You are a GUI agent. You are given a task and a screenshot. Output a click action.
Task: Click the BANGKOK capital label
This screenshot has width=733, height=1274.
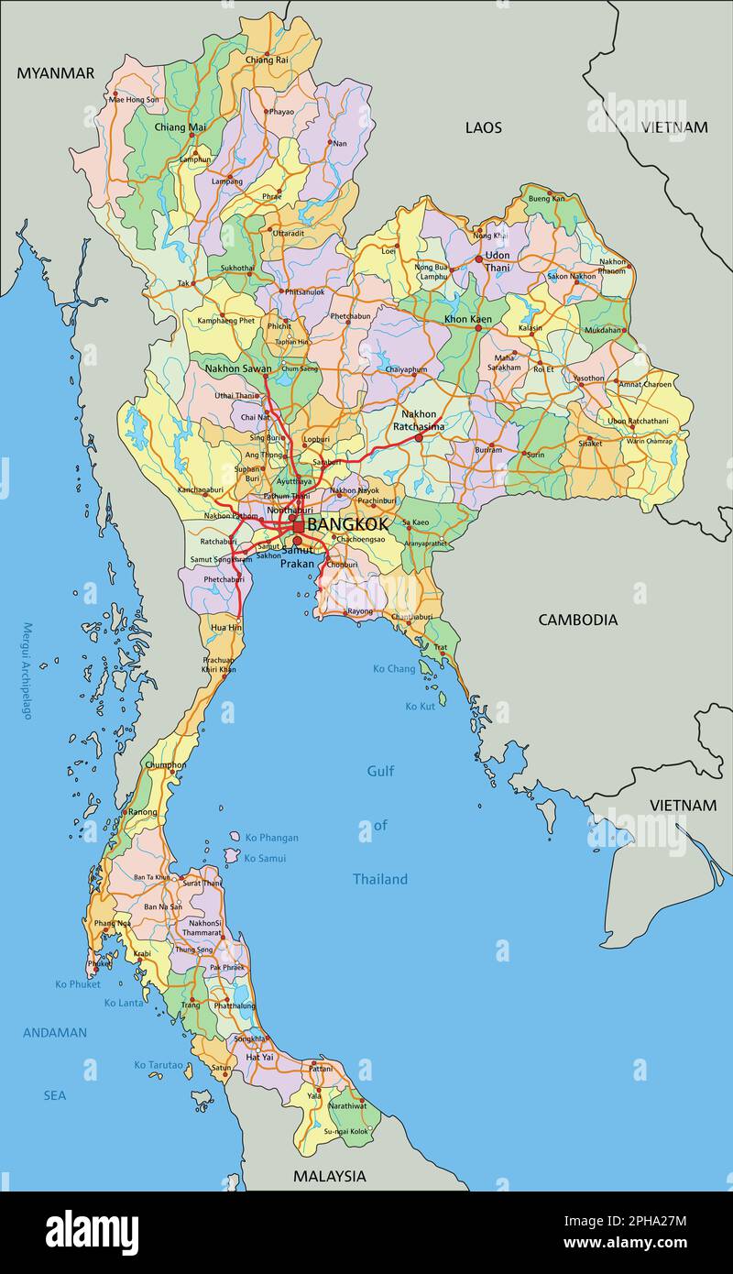pyautogui.click(x=347, y=525)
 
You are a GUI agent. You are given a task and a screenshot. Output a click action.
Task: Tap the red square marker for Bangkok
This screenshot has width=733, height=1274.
pyautogui.click(x=298, y=527)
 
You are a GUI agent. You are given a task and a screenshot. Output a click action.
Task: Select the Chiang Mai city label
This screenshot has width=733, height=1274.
pyautogui.click(x=180, y=127)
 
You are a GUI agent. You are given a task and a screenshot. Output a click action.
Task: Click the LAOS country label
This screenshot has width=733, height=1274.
pyautogui.click(x=483, y=127)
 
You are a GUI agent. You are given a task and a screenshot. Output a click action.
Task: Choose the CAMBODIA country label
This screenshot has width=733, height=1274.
pyautogui.click(x=577, y=620)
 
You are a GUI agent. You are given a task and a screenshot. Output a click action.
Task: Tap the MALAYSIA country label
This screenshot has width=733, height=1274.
pyautogui.click(x=329, y=1176)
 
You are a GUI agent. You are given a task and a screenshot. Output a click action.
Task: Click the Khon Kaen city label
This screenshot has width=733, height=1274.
pyautogui.click(x=467, y=319)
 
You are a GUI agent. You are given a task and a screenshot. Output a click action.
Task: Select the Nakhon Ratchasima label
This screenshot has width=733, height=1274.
pyautogui.click(x=418, y=420)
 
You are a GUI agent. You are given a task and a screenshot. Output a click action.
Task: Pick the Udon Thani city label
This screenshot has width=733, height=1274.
pyautogui.click(x=498, y=261)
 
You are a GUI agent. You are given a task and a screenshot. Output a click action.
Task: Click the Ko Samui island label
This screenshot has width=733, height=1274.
pyautogui.click(x=265, y=858)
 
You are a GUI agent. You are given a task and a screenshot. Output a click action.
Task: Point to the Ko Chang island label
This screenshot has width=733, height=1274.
pyautogui.click(x=394, y=669)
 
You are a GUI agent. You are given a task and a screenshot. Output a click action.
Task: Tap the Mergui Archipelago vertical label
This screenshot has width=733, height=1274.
pyautogui.click(x=27, y=671)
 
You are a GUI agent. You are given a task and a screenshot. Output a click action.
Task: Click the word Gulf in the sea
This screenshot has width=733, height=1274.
pyautogui.click(x=380, y=771)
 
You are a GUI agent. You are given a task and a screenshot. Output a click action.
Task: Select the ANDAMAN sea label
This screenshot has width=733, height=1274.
pyautogui.click(x=55, y=1033)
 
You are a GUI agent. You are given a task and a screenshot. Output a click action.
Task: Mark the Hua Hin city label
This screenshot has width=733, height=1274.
pyautogui.click(x=226, y=628)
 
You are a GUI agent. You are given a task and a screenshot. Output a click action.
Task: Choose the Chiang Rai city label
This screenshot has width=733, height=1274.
pyautogui.click(x=267, y=60)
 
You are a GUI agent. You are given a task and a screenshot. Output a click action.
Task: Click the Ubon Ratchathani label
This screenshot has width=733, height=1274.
pyautogui.click(x=638, y=422)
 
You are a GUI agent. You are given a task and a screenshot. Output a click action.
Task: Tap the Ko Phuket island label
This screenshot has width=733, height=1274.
pyautogui.click(x=77, y=984)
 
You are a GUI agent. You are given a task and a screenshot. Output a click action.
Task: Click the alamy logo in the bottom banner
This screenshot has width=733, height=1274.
pyautogui.click(x=92, y=1233)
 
